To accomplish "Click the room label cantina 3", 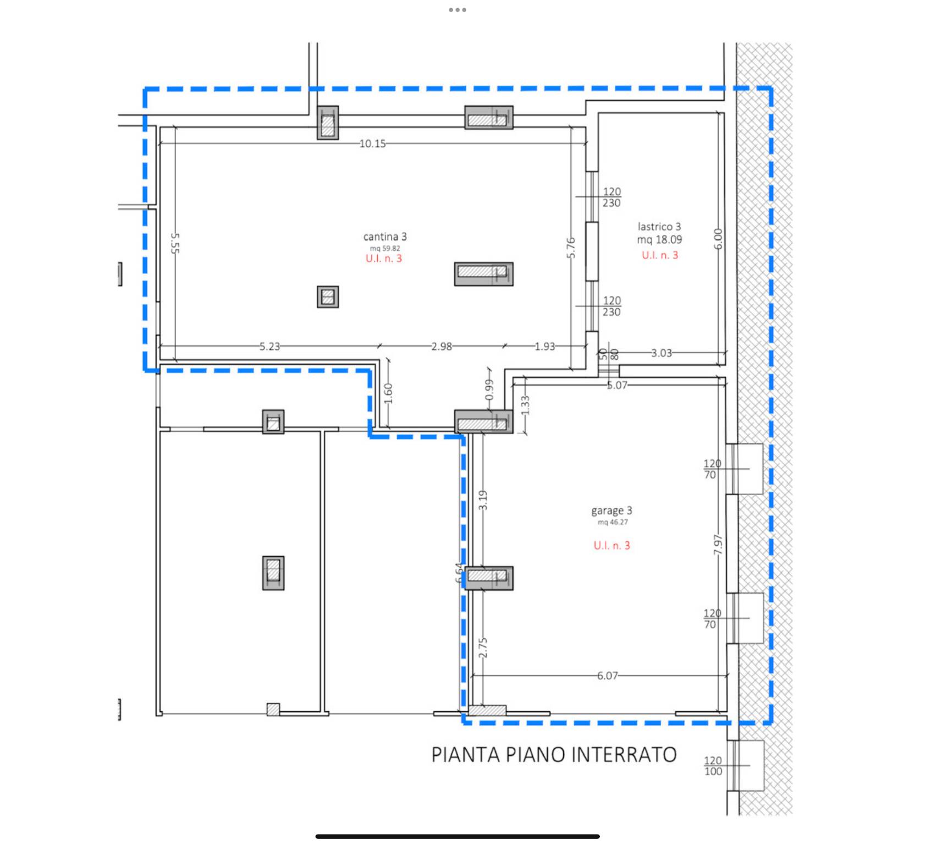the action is (385, 237).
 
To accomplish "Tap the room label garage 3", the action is (611, 511).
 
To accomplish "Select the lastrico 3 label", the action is (659, 226).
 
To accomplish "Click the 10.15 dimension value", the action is (373, 144).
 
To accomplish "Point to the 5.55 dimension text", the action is (175, 243).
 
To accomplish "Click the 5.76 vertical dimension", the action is (571, 248).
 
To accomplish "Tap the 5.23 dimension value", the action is (269, 347).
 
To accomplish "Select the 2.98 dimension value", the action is (442, 347).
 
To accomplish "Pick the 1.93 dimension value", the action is (545, 347).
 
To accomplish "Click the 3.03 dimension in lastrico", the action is (662, 353).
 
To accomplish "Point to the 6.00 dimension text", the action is (718, 239).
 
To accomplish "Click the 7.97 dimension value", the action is (718, 545).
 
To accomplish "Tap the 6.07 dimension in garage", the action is (608, 676).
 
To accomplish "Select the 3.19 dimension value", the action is (483, 500).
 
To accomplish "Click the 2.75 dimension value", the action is (483, 648).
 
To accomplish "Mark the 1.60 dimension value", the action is (388, 393).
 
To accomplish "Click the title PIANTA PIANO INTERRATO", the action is (554, 755).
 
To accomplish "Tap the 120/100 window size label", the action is (713, 766).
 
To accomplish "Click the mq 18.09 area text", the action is (659, 240).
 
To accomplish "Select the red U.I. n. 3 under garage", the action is (611, 545).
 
